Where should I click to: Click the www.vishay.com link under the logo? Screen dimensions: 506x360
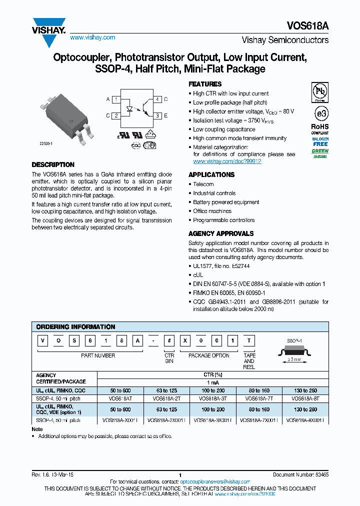tap(92, 37)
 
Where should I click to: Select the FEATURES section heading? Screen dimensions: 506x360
tap(205, 84)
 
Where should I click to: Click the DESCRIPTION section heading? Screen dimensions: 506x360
tap(53, 164)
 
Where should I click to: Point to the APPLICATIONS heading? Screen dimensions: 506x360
tap(211, 174)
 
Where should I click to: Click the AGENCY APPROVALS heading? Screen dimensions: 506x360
tap(221, 233)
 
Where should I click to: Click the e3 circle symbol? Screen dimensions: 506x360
tap(319, 111)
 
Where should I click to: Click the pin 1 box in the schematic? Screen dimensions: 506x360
tap(116, 99)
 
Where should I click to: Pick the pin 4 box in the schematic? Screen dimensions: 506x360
tap(157, 99)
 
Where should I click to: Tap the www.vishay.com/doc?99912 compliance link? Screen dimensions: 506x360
tap(227, 161)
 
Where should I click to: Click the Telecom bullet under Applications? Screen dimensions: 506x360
tap(203, 184)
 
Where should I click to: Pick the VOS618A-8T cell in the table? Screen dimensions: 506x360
tap(305, 398)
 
